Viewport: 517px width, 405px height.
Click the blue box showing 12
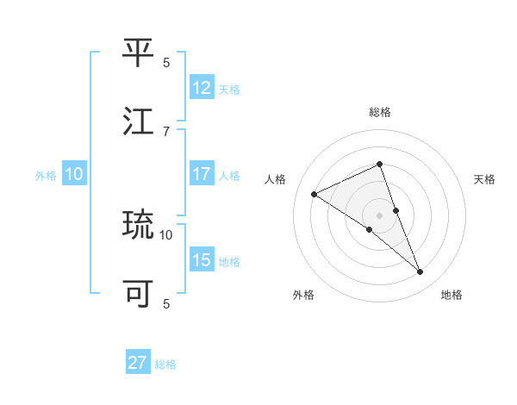[202, 87]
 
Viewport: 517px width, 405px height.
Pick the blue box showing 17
[202, 174]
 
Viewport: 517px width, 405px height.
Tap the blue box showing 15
[202, 260]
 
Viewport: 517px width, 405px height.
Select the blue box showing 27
[138, 363]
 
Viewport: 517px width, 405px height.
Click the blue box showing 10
[74, 174]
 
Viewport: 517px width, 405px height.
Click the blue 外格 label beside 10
[46, 175]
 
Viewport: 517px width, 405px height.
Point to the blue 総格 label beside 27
[165, 364]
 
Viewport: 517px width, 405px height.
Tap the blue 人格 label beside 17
[229, 175]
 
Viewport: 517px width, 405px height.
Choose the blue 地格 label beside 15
[229, 261]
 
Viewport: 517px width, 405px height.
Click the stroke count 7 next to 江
[166, 131]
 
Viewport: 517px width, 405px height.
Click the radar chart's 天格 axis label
[484, 179]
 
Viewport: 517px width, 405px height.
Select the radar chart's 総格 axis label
[379, 112]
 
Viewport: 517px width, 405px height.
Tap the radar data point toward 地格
[420, 272]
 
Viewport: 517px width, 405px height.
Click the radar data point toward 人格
[314, 194]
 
